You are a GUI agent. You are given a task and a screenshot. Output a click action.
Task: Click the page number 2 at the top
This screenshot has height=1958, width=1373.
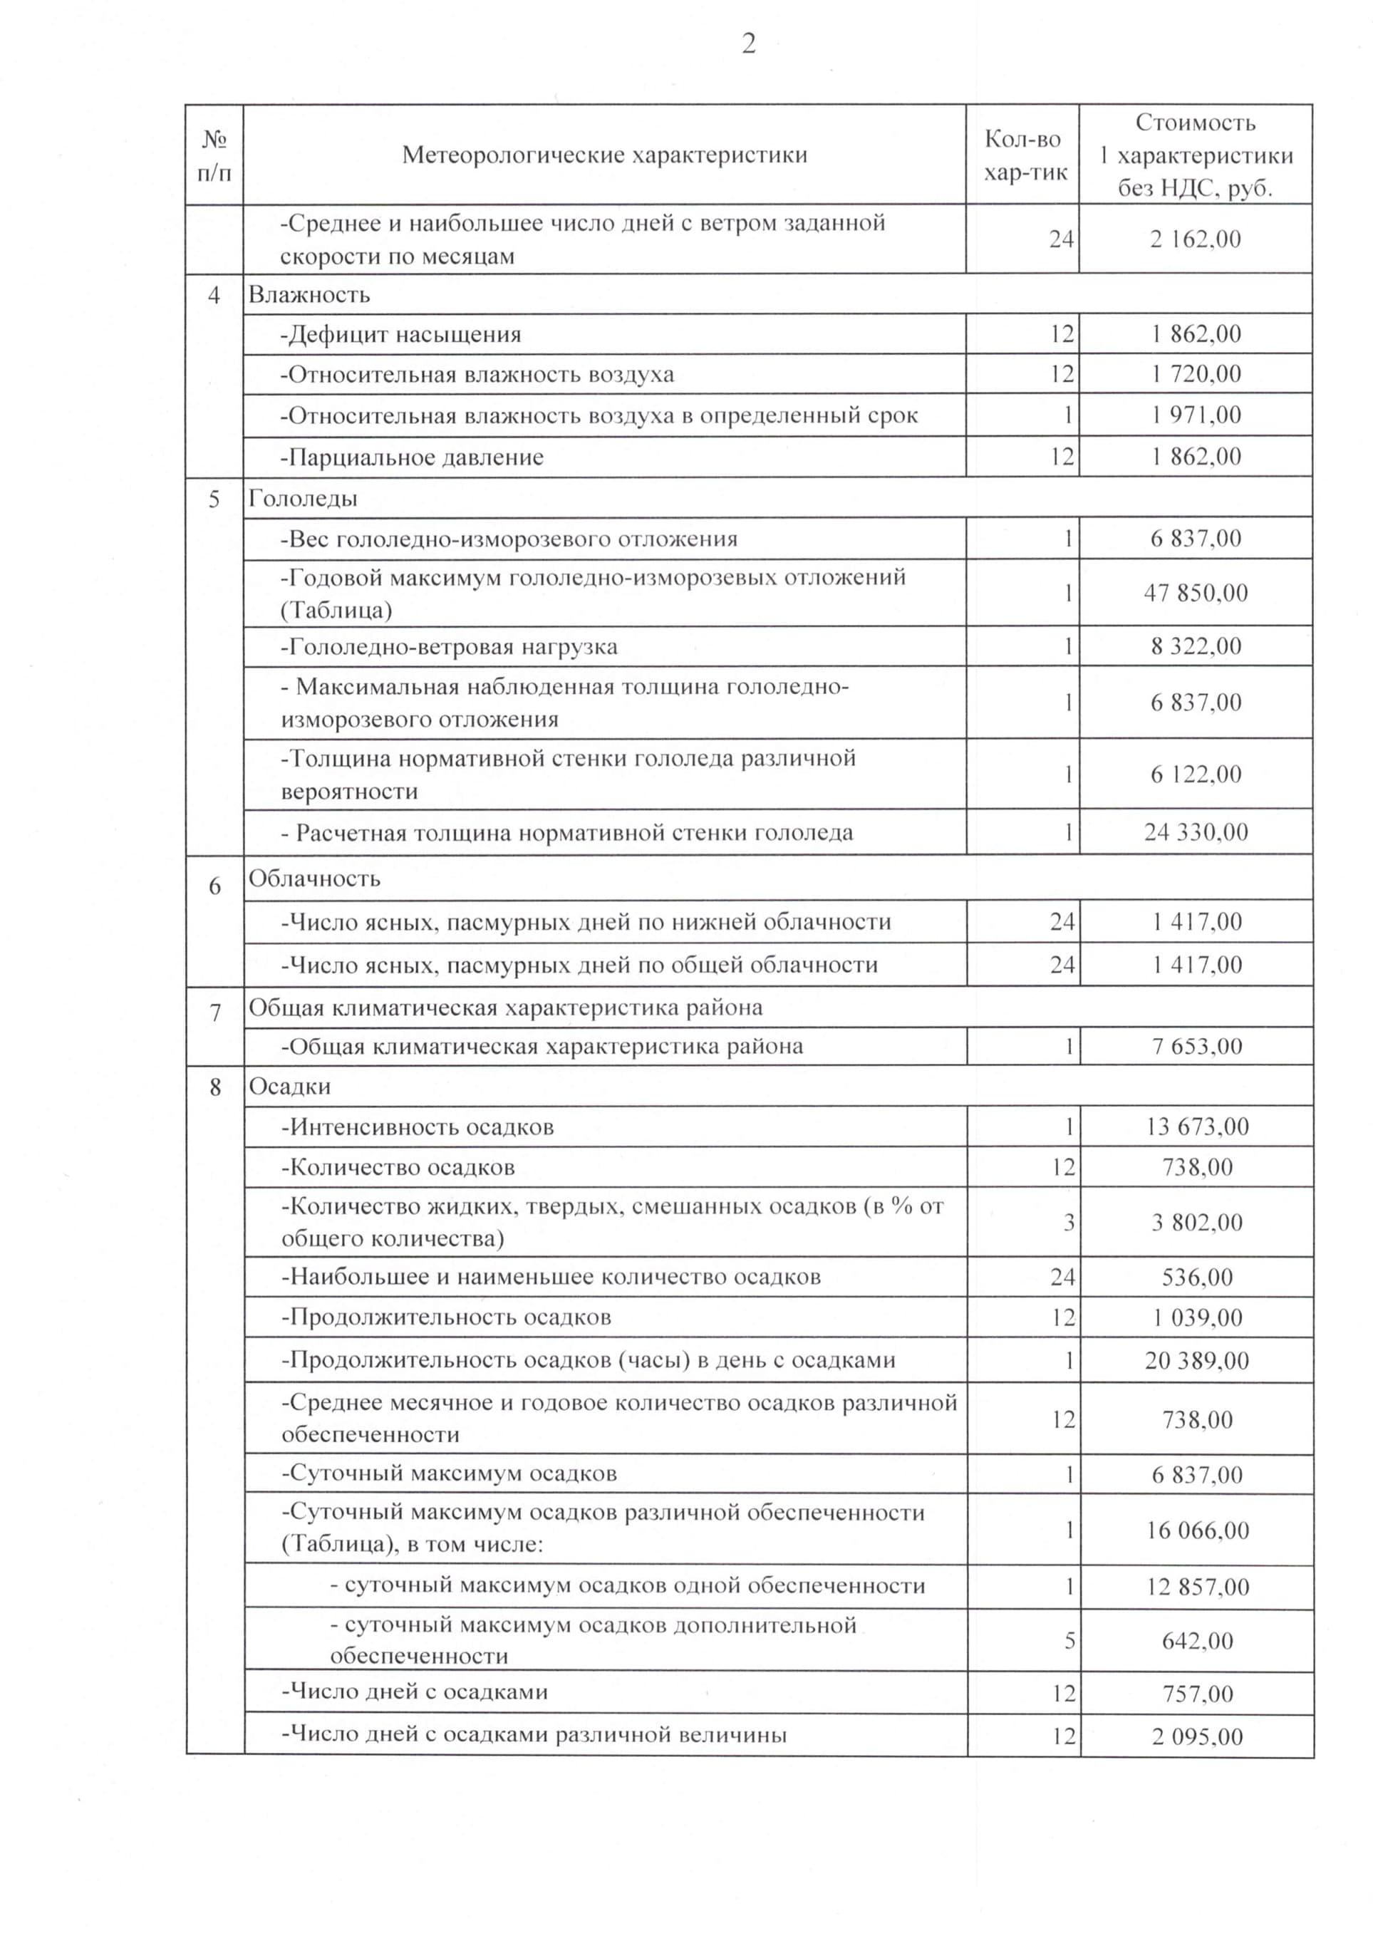coord(748,44)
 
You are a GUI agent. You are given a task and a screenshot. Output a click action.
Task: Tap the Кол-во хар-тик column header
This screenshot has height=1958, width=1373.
coord(1023,155)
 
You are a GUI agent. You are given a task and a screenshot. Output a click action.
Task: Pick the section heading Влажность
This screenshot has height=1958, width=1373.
coord(309,295)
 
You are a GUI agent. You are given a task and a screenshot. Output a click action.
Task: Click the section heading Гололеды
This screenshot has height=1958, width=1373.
coord(303,499)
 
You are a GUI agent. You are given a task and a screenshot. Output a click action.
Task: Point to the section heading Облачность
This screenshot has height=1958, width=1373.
coord(314,879)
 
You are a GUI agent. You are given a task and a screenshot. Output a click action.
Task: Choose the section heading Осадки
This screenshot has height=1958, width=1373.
coord(289,1087)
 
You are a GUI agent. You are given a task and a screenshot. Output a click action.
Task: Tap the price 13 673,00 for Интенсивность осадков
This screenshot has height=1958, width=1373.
coord(1196,1127)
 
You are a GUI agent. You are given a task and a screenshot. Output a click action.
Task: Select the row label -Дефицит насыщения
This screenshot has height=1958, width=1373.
coord(401,334)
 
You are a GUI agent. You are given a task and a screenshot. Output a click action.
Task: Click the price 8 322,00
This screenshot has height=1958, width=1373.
coord(1196,646)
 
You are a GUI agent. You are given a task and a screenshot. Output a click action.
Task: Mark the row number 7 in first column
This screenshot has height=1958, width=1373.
coord(215,1013)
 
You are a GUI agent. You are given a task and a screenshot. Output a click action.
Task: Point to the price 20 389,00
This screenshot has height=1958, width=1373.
coord(1196,1360)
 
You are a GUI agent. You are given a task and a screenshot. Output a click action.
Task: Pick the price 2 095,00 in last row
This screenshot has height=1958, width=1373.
coord(1196,1736)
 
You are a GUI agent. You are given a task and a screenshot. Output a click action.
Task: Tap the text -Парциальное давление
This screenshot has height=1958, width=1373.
coord(412,458)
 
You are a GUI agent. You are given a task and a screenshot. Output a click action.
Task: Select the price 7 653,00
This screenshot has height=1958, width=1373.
coord(1196,1047)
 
